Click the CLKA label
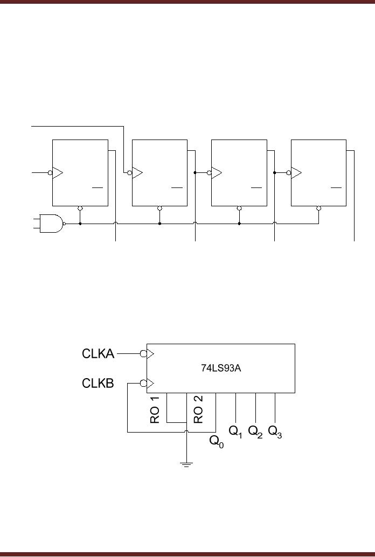[98, 354]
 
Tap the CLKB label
[98, 384]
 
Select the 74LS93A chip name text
[220, 369]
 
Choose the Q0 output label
[216, 442]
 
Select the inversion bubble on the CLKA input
[143, 354]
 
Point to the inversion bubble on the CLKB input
[143, 384]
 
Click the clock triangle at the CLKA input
[150, 354]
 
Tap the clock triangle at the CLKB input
[150, 384]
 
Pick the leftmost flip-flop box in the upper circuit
[80, 172]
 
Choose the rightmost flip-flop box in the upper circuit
[318, 172]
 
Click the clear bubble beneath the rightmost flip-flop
[319, 208]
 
